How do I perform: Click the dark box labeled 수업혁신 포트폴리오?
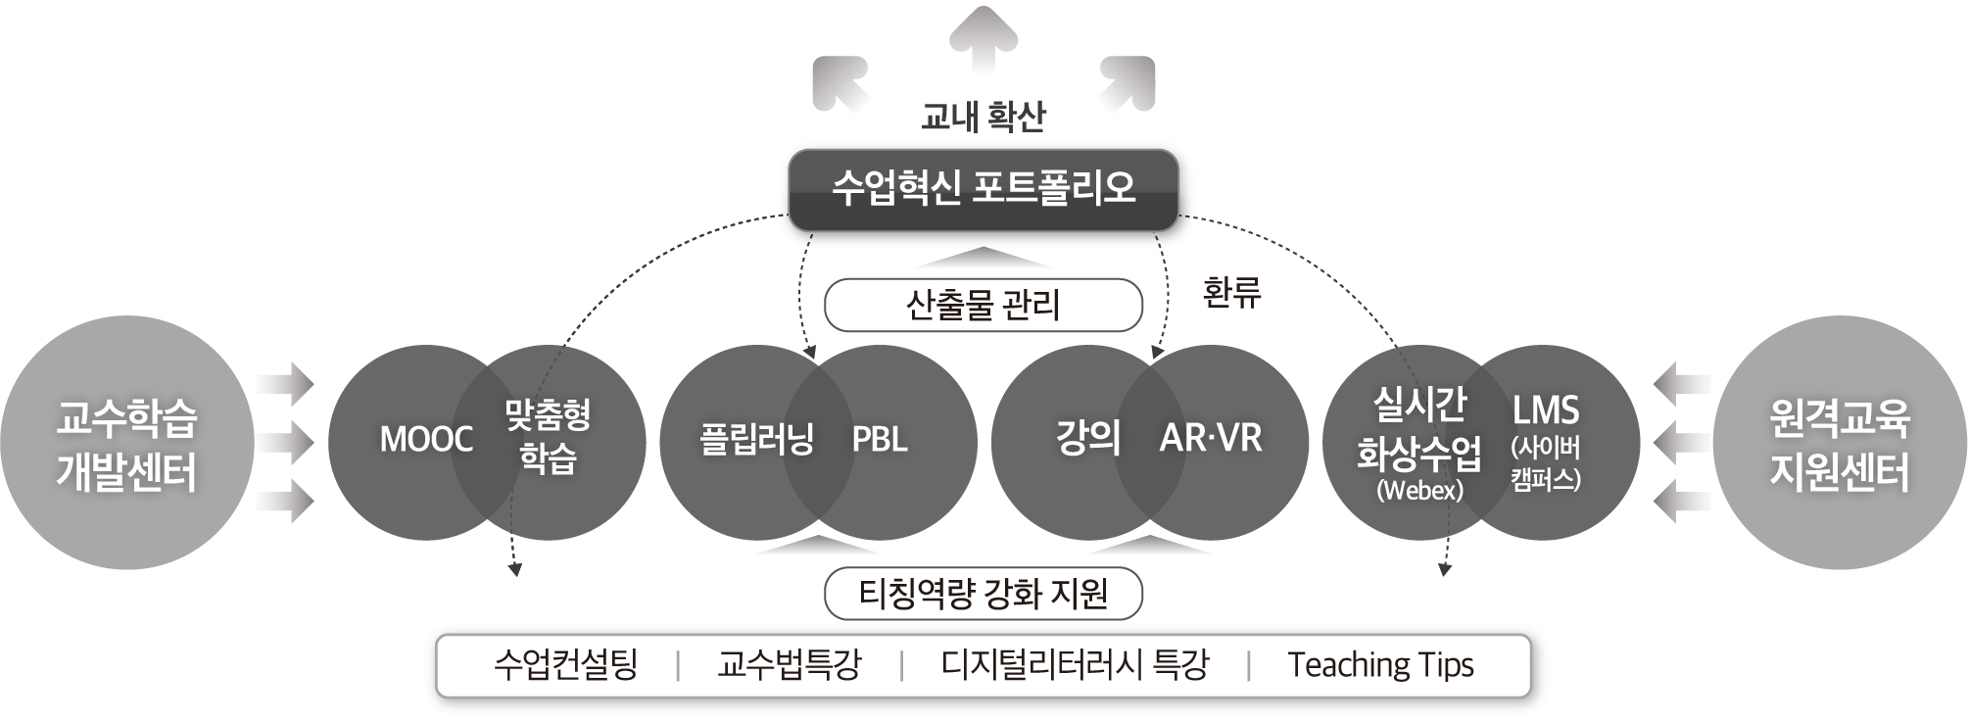(x=983, y=188)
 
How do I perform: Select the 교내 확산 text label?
(x=983, y=117)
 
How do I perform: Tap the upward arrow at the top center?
(x=984, y=39)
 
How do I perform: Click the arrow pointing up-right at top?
(x=1128, y=81)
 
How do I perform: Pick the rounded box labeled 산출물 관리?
(x=983, y=306)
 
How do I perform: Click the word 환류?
(x=1231, y=292)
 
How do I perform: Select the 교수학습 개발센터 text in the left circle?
(x=126, y=444)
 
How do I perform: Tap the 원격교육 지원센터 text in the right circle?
(x=1839, y=444)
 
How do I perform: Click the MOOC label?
(x=426, y=440)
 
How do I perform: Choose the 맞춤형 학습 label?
(x=548, y=437)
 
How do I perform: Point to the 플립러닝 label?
(x=756, y=439)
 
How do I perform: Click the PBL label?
(x=880, y=439)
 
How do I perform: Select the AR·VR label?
(x=1211, y=438)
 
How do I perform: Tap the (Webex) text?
(x=1419, y=490)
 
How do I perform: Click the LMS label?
(x=1545, y=410)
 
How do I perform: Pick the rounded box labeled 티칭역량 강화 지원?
(x=983, y=594)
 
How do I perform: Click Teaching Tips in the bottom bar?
(x=1380, y=665)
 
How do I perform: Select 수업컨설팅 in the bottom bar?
(x=566, y=665)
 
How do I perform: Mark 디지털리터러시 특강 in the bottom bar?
(x=1075, y=665)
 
